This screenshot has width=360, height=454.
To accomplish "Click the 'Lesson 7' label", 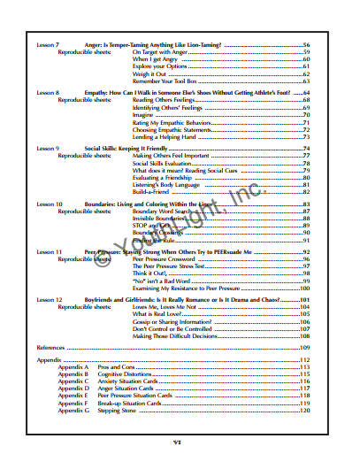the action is pos(48,43).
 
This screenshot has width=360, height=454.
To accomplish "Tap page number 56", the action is pos(306,43).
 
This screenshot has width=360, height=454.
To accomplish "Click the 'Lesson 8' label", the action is pos(48,92).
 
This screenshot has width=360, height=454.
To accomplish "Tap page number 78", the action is pos(306,164).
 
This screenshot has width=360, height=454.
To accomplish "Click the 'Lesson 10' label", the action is pos(50,204).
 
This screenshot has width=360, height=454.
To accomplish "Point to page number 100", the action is pos(304,289).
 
